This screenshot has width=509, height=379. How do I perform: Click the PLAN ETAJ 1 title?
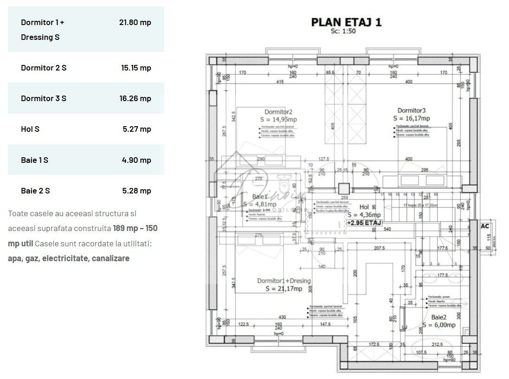pos(346,22)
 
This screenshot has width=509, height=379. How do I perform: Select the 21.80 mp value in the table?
pos(135,22)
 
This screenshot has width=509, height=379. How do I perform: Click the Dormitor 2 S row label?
pos(44,68)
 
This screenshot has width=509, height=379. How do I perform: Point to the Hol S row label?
pos(30,129)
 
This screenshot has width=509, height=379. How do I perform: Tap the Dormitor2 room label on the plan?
pos(278,112)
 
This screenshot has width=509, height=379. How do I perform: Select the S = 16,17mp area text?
pos(411,118)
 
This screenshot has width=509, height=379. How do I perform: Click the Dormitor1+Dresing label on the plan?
pos(284,281)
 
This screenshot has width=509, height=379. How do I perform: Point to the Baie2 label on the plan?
pos(438,317)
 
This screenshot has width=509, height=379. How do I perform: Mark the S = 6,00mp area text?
pos(438,325)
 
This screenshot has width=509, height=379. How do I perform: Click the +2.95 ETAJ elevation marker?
pos(364,223)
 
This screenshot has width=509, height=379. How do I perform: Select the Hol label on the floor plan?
pos(364,207)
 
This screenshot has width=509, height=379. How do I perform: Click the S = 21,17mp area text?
pos(284,289)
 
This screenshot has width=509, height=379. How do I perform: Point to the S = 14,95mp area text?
pos(278,120)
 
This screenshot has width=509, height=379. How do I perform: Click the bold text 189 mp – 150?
pos(135,228)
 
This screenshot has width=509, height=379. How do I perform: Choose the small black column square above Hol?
pos(343,189)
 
